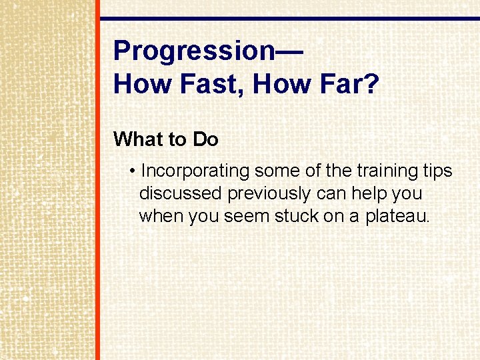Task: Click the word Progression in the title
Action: pos(193,50)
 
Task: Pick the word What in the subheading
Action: pos(138,139)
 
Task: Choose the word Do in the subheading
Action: pos(205,139)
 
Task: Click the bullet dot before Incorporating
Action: pos(134,171)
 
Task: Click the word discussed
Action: pos(181,194)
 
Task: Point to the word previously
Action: pos(269,194)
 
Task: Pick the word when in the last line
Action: pos(161,217)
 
